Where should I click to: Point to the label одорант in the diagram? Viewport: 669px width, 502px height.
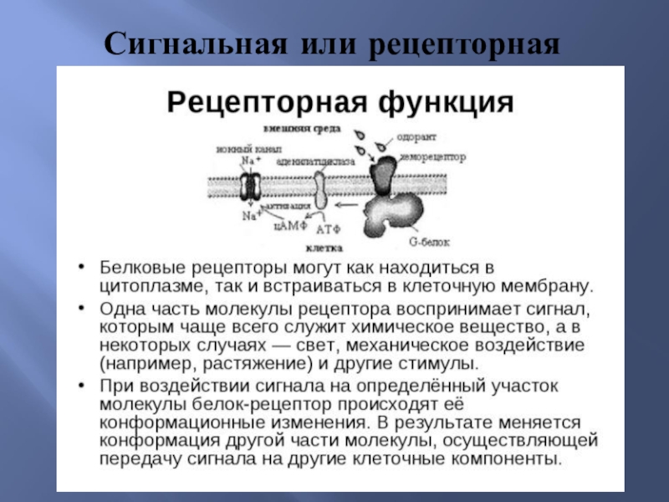pyautogui.click(x=414, y=136)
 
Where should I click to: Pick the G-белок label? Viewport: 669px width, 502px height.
pyautogui.click(x=429, y=242)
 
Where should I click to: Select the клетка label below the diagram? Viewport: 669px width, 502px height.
pyautogui.click(x=319, y=248)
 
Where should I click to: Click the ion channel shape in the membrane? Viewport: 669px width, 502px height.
pyautogui.click(x=249, y=186)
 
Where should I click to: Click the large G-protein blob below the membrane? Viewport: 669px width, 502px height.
pyautogui.click(x=390, y=216)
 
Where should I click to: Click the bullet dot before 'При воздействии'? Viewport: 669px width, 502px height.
pyautogui.click(x=81, y=385)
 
